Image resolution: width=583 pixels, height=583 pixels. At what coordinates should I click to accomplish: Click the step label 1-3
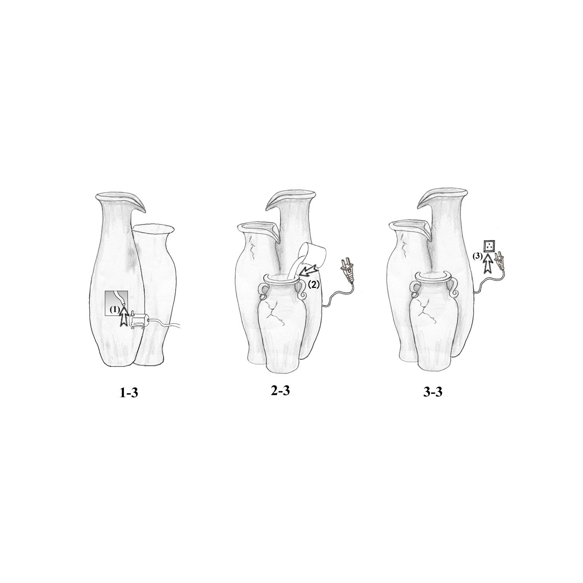pos(129,393)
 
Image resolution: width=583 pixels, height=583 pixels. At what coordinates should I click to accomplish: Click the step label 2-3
pos(280,391)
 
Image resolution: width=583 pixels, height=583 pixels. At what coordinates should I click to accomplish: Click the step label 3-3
pos(433,392)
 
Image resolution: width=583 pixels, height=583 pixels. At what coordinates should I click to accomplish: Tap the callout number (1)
pos(114,310)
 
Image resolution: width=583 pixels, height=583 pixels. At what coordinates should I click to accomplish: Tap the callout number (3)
pos(477,256)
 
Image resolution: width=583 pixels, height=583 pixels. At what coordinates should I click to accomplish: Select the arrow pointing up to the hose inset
pos(124,316)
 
